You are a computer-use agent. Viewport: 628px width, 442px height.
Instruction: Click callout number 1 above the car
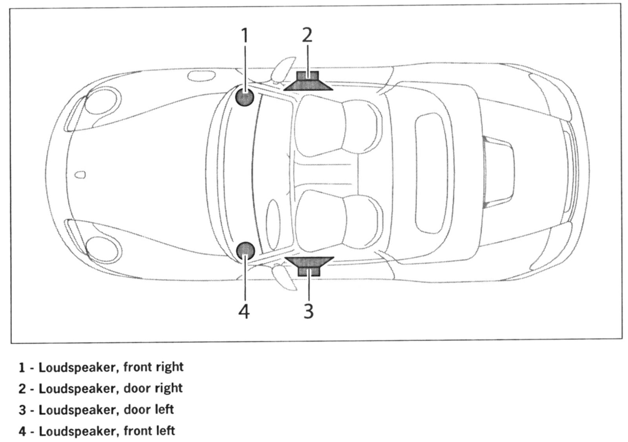[x=245, y=35]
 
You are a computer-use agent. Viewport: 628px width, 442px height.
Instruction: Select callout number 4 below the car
[x=244, y=312]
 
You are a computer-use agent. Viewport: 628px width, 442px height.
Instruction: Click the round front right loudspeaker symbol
[x=245, y=97]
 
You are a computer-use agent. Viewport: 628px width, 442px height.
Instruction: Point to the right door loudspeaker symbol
[x=308, y=82]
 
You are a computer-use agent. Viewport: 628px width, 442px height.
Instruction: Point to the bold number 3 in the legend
[x=22, y=410]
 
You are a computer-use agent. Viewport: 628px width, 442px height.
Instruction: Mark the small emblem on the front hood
[x=80, y=175]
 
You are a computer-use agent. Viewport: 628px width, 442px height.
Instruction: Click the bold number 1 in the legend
[x=22, y=367]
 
